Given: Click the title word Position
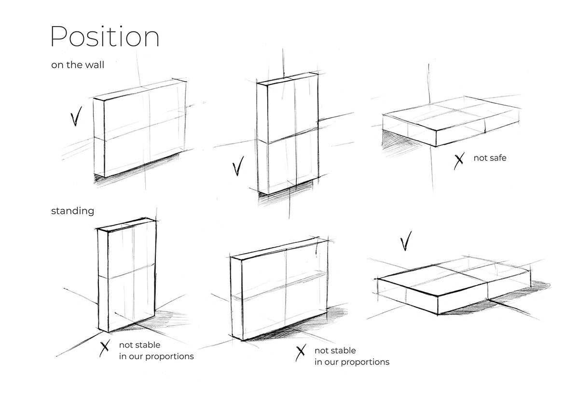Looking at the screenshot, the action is click(x=105, y=36).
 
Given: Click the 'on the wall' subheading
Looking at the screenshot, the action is click(x=78, y=65).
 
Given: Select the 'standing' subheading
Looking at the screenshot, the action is click(x=73, y=211).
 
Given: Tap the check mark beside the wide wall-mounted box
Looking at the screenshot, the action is click(x=76, y=116).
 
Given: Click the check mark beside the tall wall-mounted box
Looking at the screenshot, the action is click(x=238, y=166).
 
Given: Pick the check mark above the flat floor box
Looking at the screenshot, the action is click(x=406, y=241).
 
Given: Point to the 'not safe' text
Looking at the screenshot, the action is click(x=490, y=158).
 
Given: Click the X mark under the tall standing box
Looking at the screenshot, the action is click(x=104, y=348).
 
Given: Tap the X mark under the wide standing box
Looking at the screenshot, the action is click(x=301, y=353).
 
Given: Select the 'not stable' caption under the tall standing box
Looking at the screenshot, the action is click(x=139, y=345).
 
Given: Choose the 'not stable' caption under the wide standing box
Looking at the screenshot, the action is click(x=335, y=351).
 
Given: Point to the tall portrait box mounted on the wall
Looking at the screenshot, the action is click(x=288, y=133).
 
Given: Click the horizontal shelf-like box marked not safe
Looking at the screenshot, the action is click(x=451, y=121).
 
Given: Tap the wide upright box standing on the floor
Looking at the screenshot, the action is click(x=279, y=289).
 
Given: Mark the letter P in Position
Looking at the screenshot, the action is click(x=59, y=36).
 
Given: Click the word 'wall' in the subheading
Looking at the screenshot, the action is click(x=95, y=65).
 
